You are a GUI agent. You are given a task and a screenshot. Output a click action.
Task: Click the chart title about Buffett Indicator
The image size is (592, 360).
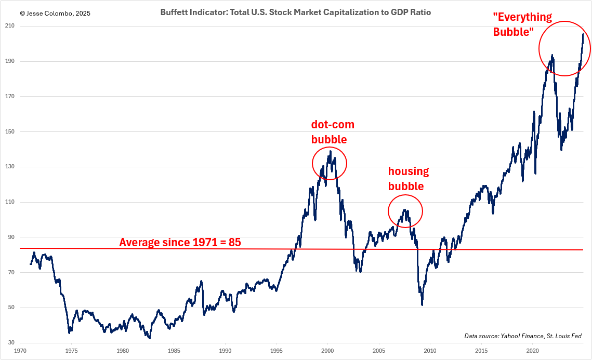click(295, 11)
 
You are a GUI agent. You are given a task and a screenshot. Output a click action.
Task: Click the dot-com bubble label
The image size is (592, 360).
click(333, 132)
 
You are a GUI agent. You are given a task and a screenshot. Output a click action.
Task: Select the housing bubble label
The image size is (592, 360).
click(409, 179)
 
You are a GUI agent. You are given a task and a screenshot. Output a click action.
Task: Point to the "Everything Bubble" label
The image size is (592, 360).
click(514, 24)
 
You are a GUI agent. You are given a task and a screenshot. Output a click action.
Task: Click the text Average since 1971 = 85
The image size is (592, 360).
click(180, 242)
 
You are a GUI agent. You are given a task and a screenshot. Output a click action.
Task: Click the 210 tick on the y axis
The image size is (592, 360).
click(10, 26)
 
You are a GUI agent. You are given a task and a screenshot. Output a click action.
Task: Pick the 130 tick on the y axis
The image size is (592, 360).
click(10, 167)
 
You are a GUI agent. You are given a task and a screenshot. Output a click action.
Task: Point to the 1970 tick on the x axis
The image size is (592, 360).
click(21, 351)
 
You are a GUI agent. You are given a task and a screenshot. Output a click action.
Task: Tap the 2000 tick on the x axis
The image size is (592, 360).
click(327, 351)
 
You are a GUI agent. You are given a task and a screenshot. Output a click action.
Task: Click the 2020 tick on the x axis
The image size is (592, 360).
click(532, 351)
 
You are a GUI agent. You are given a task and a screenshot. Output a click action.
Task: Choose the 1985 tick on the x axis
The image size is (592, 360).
click(174, 351)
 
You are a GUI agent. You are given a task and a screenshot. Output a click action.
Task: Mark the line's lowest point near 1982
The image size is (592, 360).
click(149, 338)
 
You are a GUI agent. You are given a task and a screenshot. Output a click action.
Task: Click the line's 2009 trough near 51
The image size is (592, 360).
click(422, 304)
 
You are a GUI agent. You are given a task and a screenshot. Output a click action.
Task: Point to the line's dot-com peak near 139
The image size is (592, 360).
click(330, 151)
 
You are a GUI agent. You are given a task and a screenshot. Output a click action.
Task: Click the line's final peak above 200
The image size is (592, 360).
click(583, 34)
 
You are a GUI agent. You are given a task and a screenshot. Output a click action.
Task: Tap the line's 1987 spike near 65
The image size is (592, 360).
click(201, 281)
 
